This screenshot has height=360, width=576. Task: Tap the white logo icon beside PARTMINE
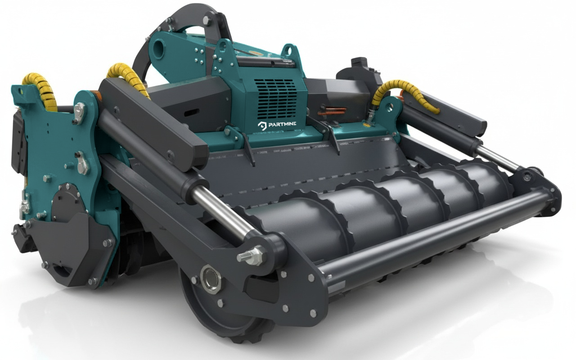point(262,125)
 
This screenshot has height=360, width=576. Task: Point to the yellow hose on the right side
point(405,92)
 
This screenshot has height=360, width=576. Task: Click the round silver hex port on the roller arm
point(211,279)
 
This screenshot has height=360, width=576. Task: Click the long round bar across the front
point(432,234)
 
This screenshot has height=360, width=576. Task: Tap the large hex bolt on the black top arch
point(207,20)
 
